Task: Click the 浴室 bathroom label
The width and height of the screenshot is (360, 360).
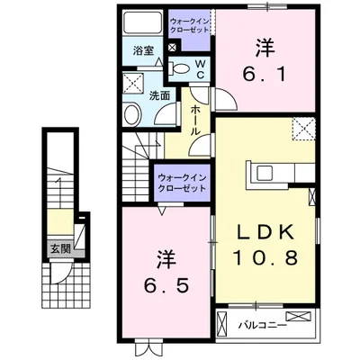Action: click(x=144, y=51)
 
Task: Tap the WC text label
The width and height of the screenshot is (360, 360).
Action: click(x=201, y=69)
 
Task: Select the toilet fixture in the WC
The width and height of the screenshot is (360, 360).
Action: click(x=179, y=68)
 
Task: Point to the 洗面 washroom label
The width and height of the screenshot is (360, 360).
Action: click(x=159, y=95)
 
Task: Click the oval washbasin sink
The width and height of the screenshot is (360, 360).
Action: click(x=132, y=115)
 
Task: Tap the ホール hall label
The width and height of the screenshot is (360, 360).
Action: click(x=195, y=120)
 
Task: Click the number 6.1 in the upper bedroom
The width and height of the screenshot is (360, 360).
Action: click(x=264, y=74)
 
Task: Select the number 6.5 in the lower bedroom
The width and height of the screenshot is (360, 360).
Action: click(x=166, y=285)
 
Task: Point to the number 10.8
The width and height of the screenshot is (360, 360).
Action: click(x=265, y=257)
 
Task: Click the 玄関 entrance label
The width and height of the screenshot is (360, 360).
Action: click(x=60, y=248)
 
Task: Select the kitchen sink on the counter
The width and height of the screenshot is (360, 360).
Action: click(x=265, y=174)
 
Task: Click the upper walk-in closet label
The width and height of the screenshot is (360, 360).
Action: click(x=189, y=25)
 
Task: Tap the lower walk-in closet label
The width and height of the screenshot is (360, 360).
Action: click(x=182, y=183)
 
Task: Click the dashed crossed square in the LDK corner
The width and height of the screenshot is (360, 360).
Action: click(x=304, y=129)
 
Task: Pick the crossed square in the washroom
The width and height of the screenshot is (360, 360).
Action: click(x=134, y=82)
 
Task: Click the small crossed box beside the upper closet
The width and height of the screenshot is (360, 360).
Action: click(x=173, y=47)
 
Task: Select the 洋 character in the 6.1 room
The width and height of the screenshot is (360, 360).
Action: click(x=265, y=49)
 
